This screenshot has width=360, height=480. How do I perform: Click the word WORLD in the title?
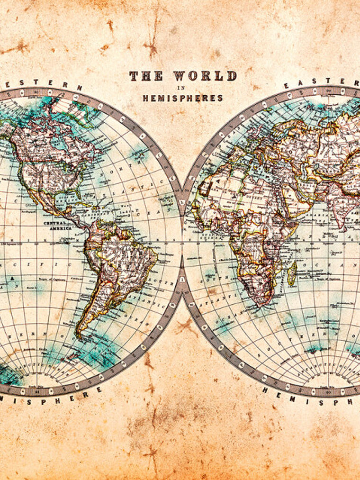(x=205, y=76)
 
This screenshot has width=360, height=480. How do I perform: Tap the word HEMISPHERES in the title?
(x=182, y=98)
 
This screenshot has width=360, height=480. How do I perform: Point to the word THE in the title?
(x=146, y=76)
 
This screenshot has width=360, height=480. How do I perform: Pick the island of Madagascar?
(x=292, y=273)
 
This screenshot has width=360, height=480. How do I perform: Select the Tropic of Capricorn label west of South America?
(x=52, y=278)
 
